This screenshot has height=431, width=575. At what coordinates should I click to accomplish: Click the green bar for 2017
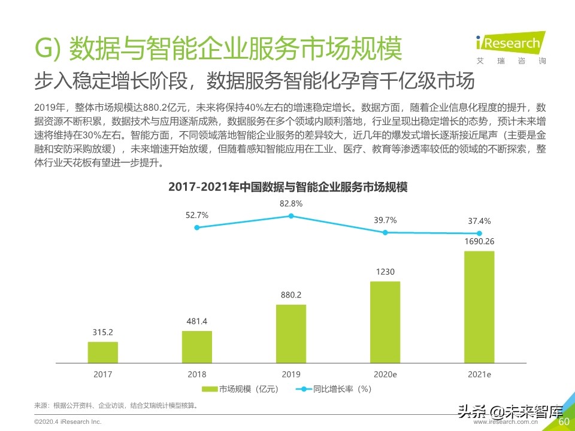coord(102,352)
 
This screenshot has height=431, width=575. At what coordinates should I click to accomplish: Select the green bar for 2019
coord(291,333)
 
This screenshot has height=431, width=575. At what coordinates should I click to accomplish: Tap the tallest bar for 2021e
coord(479,306)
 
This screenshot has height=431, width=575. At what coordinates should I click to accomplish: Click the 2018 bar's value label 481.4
coord(196,321)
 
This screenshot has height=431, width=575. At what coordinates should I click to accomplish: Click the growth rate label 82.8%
coord(291,204)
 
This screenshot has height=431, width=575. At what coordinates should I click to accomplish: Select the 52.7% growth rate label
coord(197,215)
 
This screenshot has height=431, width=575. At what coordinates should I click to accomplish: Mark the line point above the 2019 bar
coord(291,216)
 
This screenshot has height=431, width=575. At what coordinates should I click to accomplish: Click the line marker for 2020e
coord(386,232)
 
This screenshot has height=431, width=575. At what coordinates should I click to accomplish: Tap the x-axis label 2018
coord(196,374)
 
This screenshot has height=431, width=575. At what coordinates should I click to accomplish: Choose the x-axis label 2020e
coord(385,374)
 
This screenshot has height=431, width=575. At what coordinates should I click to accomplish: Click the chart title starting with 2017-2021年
coord(287,187)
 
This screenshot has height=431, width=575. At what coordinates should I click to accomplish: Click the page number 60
coord(563,422)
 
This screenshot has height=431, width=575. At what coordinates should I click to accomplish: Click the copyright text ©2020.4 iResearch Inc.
coord(68,422)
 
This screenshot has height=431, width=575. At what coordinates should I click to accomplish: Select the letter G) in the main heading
coord(47,49)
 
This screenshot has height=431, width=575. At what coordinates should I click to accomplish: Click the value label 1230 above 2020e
coord(385,272)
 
